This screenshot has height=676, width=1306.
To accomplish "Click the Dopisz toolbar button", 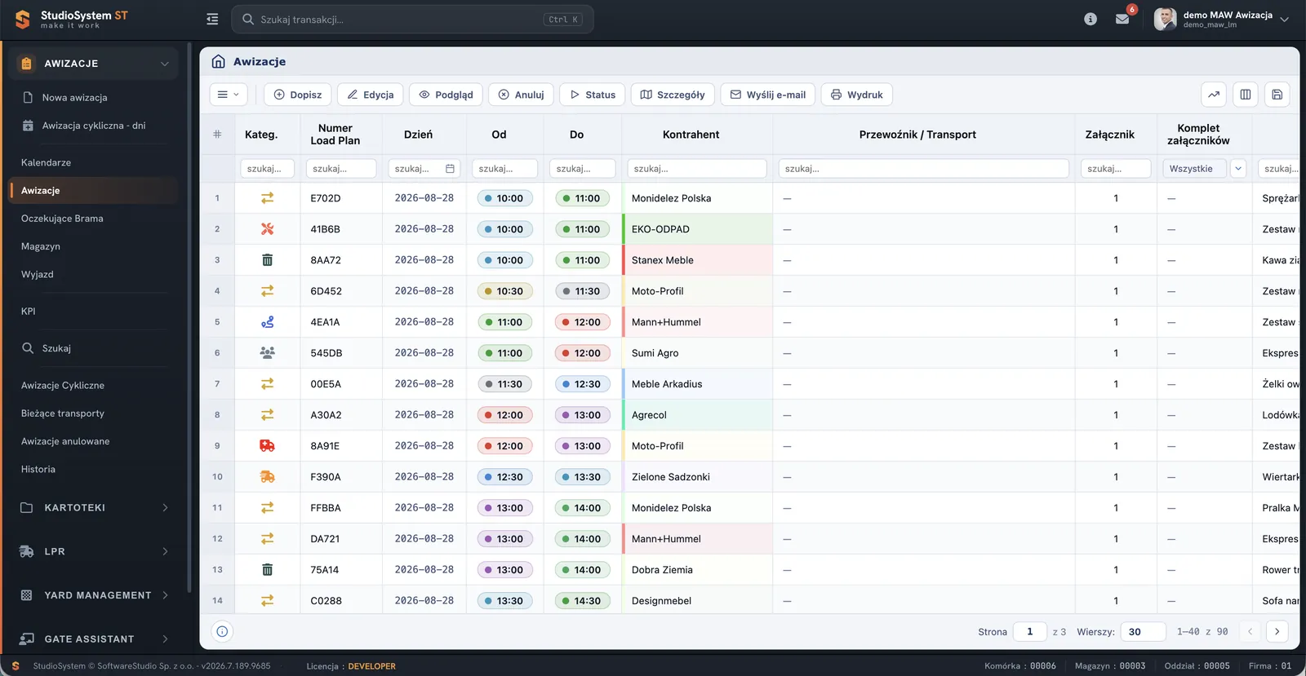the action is pos(297,95).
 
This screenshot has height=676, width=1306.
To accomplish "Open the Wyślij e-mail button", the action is pos(767,95).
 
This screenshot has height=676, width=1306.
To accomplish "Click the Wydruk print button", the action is pos(856,95).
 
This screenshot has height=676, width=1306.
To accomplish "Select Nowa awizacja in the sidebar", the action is pos(74,97).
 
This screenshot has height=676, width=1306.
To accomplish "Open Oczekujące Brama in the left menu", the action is pos(62,219).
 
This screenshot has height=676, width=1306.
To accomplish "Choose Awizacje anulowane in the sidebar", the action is pos(65,441).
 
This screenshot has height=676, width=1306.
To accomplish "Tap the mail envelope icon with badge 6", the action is pos(1122,19).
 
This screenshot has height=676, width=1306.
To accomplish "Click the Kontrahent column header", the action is pos(691,135).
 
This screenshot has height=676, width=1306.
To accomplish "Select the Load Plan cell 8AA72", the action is pos(326,259).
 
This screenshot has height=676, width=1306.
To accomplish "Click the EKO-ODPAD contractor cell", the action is pos(697,229).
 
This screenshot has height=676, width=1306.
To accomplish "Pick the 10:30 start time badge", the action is pos(504,291).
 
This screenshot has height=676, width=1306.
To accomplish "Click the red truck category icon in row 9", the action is pos(267,445).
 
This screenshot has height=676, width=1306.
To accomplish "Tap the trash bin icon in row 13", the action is pos(267,569).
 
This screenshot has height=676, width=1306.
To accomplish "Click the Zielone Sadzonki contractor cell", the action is pos(697,477).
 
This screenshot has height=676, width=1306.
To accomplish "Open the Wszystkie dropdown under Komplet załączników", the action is pos(1203,168).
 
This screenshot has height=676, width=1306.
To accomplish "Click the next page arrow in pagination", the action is pos(1277,632).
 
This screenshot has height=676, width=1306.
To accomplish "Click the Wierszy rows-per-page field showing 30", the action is pos(1143,632).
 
